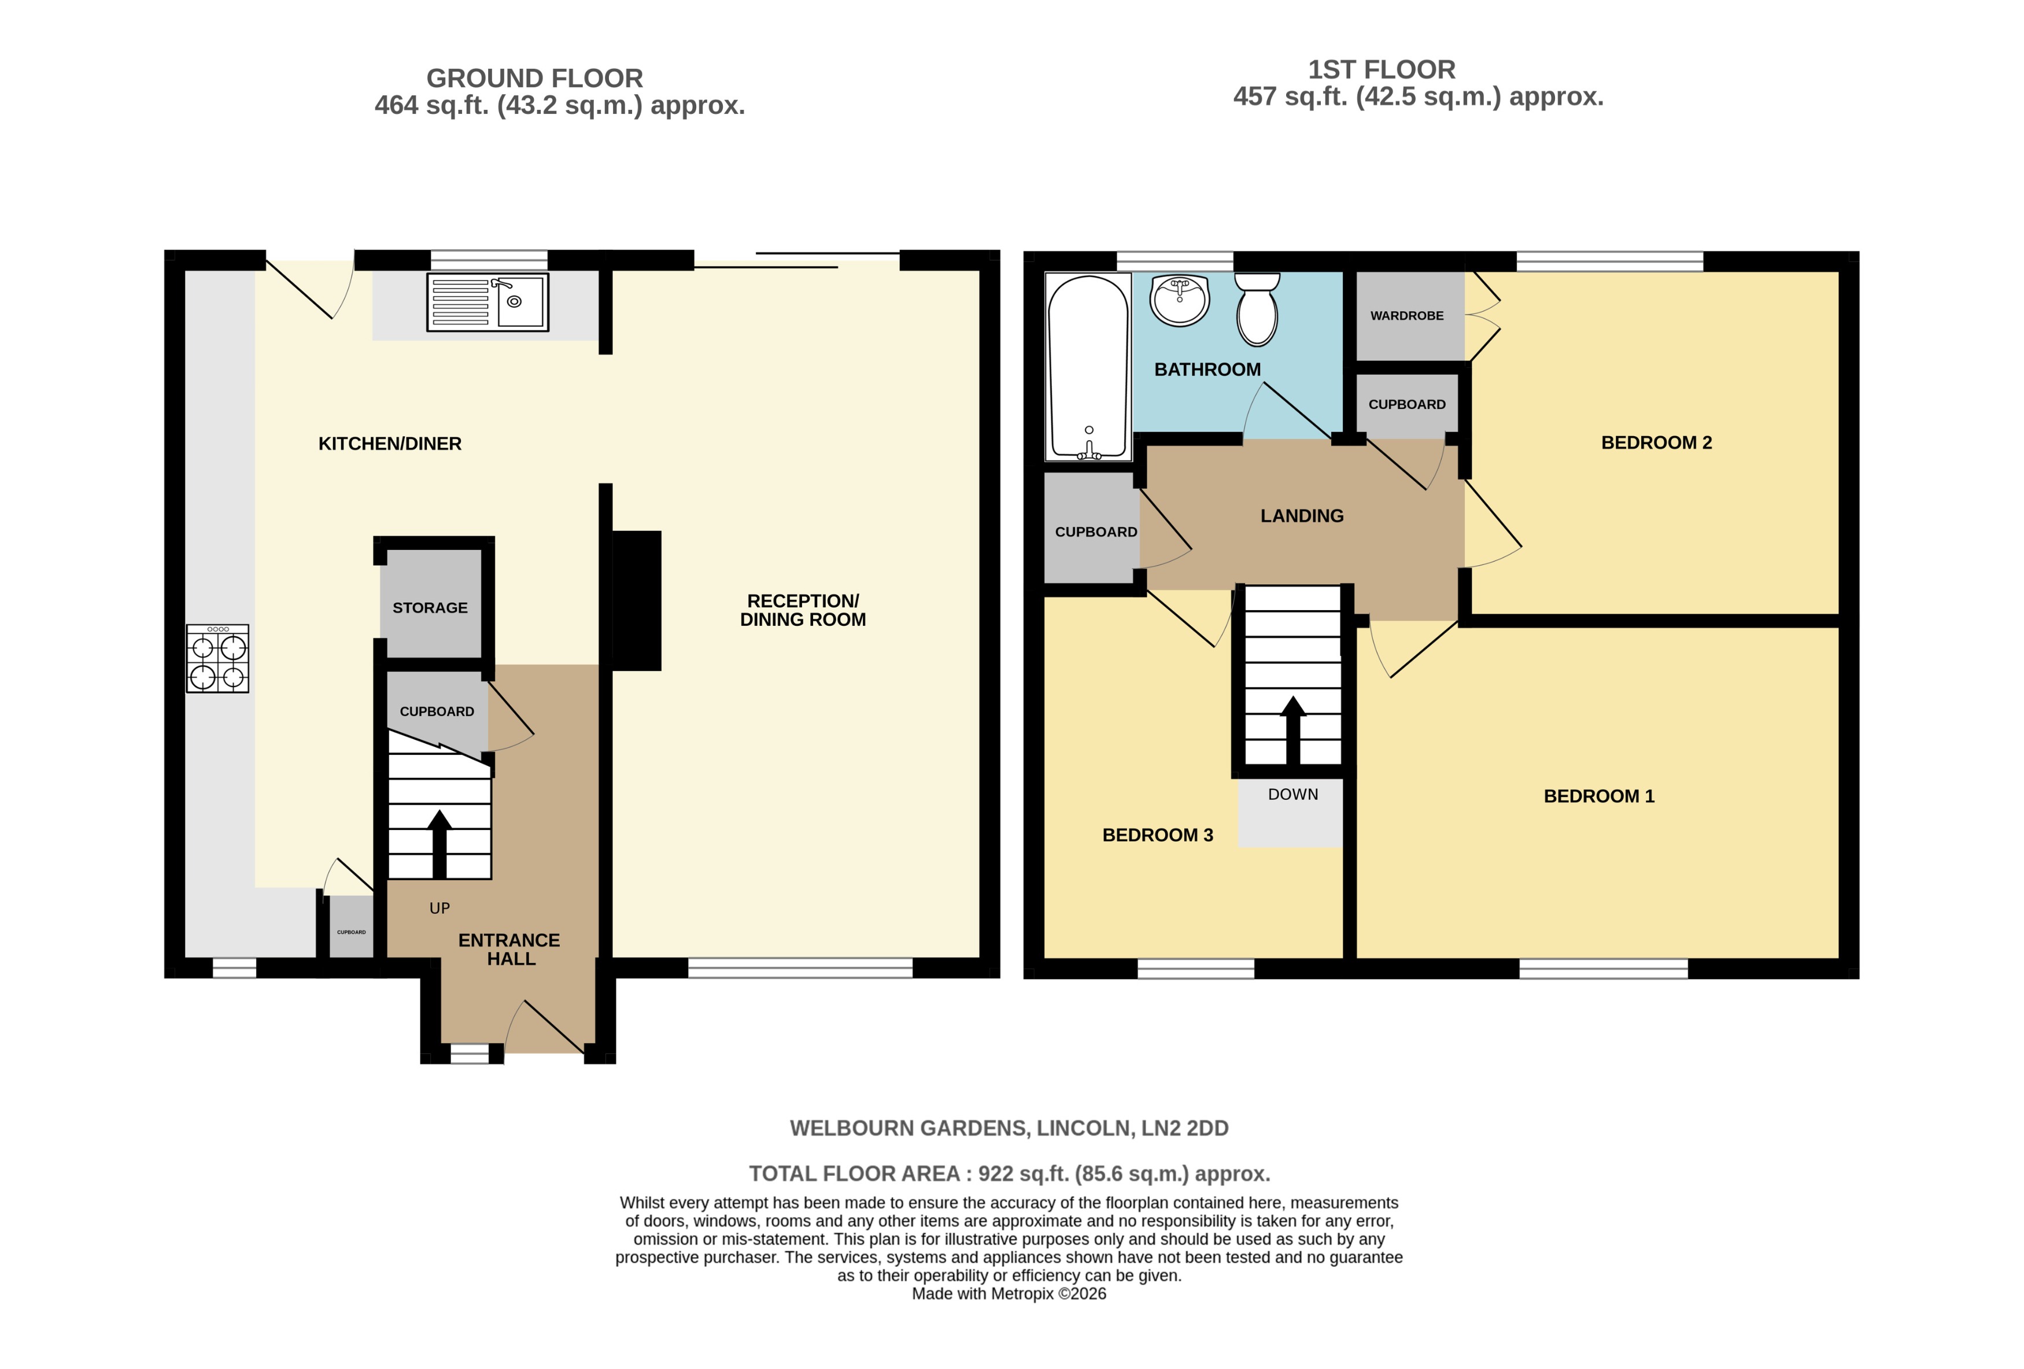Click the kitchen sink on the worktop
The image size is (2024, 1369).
487,302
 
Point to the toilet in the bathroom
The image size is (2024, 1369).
1257,309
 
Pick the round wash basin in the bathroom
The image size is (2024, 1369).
1180,300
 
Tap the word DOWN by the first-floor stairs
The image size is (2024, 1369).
1292,794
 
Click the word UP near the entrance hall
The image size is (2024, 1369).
440,908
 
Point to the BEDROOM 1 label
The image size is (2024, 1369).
1598,796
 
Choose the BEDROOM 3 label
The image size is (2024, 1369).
1158,835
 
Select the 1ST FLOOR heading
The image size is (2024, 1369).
1382,69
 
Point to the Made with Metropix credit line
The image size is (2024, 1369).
1009,1294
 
